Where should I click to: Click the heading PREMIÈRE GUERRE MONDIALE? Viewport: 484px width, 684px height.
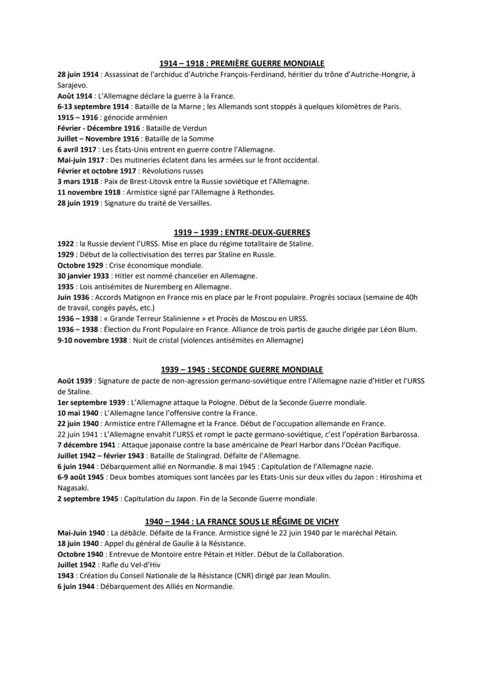(242, 63)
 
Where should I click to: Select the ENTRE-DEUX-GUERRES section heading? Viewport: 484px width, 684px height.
(242, 232)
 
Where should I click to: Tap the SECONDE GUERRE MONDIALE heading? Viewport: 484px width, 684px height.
(242, 370)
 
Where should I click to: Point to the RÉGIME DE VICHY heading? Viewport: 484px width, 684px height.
(242, 521)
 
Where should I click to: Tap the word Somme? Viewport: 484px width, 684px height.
(202, 138)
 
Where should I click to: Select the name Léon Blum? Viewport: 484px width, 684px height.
(399, 329)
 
